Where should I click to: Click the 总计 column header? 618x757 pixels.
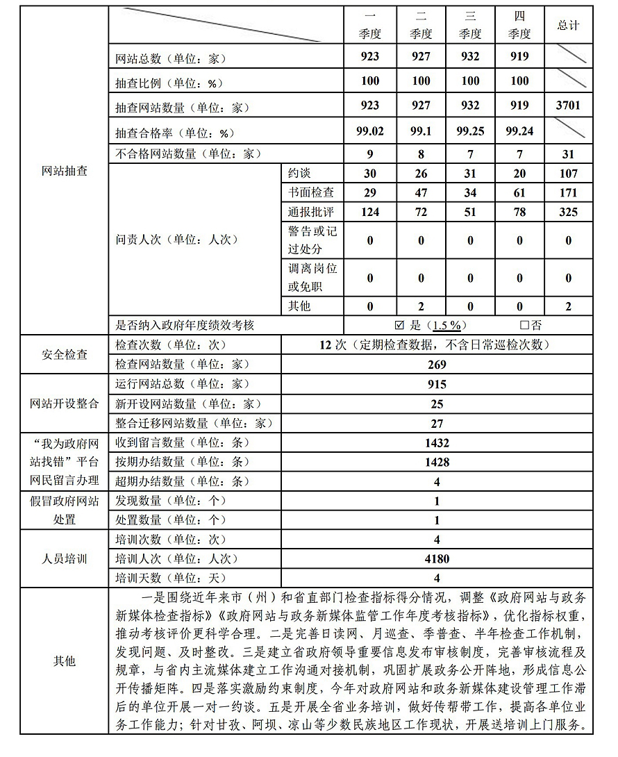[x=568, y=25]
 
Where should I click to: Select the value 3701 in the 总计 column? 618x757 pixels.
[x=568, y=106]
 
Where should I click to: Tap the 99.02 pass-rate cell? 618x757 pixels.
[x=370, y=130]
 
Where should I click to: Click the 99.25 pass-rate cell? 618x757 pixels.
[x=470, y=130]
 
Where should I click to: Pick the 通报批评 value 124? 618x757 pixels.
[x=370, y=212]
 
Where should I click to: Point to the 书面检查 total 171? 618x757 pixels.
[x=568, y=192]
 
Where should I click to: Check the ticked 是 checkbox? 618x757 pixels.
[x=399, y=325]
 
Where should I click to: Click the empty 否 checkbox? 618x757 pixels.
[x=524, y=325]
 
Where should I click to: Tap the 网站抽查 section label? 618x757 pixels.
[x=65, y=170]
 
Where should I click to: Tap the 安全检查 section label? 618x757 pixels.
[x=65, y=354]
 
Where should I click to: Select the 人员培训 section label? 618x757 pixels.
[x=65, y=558]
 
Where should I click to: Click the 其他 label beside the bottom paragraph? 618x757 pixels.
[x=65, y=661]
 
